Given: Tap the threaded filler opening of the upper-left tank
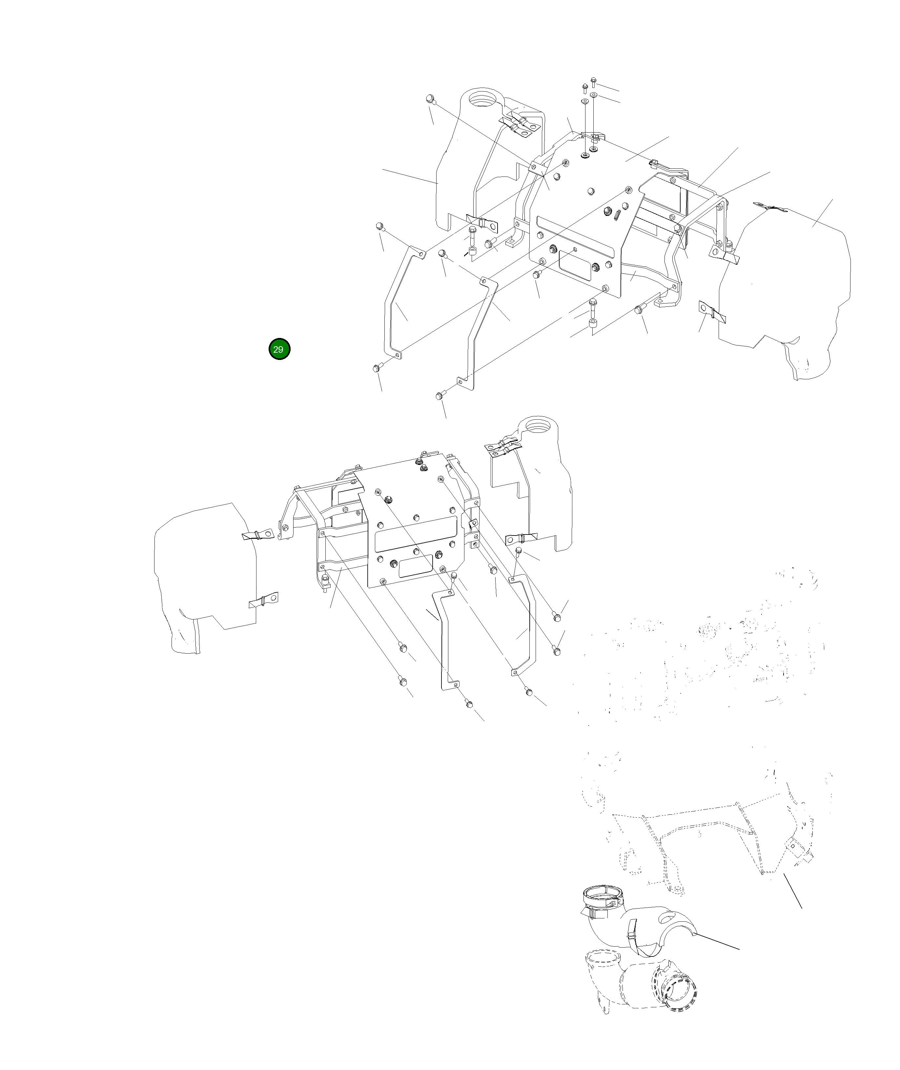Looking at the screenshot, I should (x=123, y=97).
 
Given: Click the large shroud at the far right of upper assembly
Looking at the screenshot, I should (x=796, y=286).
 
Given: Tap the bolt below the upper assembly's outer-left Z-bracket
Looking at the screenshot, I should (x=378, y=367).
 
